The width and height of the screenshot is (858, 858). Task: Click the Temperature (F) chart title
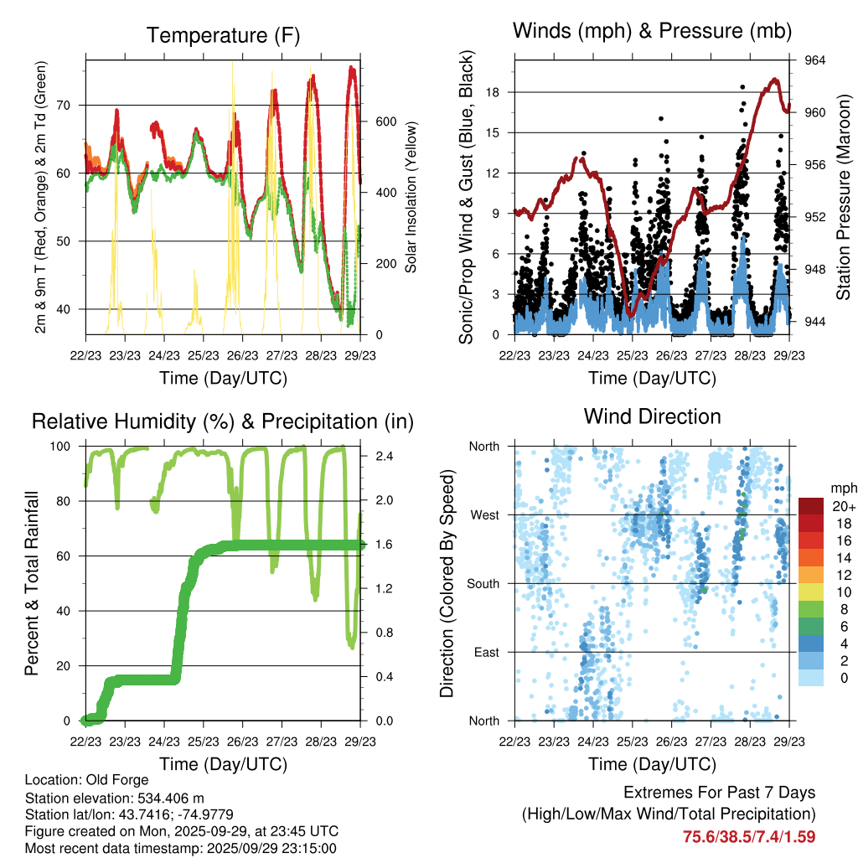pyautogui.click(x=223, y=35)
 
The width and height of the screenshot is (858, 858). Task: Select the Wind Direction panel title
pyautogui.click(x=652, y=416)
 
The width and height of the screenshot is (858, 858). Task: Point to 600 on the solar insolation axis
pyautogui.click(x=385, y=121)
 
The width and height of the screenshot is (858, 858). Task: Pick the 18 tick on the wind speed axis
pyautogui.click(x=494, y=92)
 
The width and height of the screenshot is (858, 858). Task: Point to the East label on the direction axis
pyautogui.click(x=486, y=652)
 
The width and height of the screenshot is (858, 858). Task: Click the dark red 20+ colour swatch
pyautogui.click(x=812, y=506)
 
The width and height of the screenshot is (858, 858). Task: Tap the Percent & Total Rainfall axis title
pyautogui.click(x=31, y=582)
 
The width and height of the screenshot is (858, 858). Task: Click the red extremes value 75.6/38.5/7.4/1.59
pyautogui.click(x=749, y=836)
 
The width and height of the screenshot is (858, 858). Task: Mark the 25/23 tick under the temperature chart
pyautogui.click(x=203, y=355)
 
